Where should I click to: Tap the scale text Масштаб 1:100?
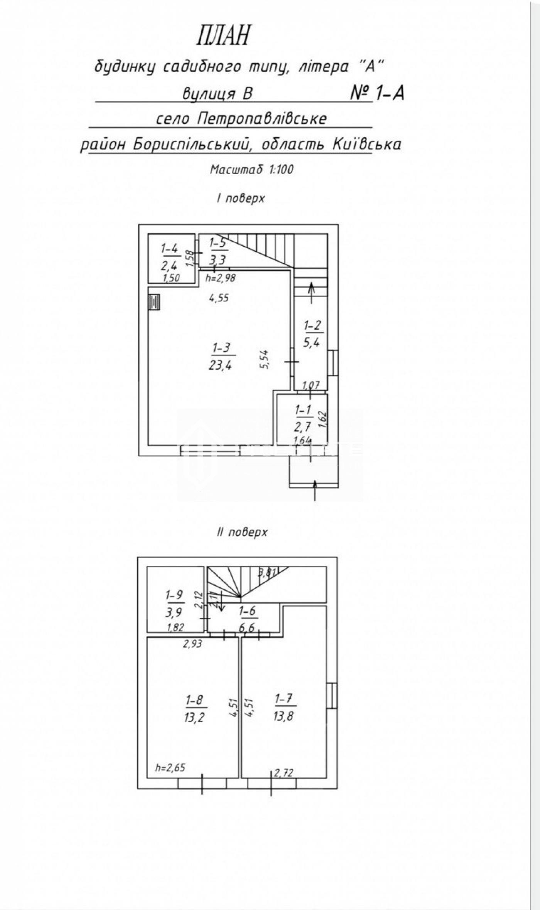click(x=251, y=169)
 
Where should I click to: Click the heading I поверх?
click(x=241, y=198)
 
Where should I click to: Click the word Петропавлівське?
click(x=262, y=119)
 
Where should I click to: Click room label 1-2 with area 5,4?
click(x=312, y=334)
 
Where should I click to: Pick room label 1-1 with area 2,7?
click(x=304, y=418)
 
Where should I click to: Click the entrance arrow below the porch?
click(x=315, y=491)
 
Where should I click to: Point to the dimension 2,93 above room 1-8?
click(x=192, y=643)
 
